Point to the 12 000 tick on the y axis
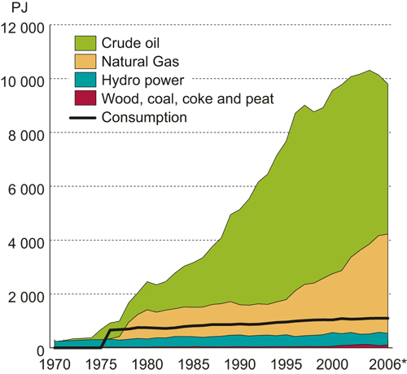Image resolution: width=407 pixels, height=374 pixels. point(24,27)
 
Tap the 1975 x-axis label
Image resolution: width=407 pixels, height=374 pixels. point(102,363)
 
